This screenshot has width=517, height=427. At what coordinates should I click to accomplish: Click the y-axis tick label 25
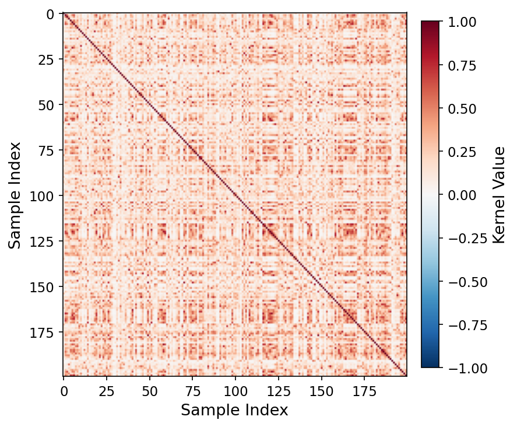point(47,60)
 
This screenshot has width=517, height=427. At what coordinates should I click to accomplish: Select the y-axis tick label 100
point(44,196)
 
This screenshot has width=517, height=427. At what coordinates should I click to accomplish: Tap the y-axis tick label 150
point(44,287)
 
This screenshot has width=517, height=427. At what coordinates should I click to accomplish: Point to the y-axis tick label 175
point(44,332)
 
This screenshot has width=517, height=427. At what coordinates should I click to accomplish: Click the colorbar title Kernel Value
point(499,195)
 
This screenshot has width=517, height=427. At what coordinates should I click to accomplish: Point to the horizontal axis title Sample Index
point(234,411)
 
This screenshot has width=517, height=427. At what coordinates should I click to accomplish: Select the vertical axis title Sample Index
point(15,195)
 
